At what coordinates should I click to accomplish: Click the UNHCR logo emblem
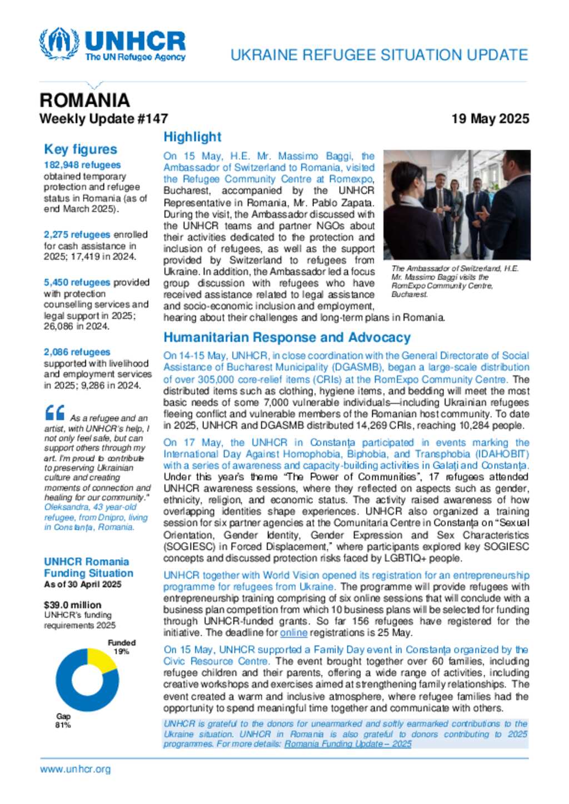59,43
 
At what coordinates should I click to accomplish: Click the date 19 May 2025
490,119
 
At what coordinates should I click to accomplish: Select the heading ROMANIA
84,100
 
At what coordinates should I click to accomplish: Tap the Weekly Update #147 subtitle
103,119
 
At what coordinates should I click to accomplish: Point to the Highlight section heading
192,137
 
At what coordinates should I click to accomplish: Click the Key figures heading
81,149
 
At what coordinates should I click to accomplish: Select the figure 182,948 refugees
82,165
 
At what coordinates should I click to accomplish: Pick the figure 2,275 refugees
77,235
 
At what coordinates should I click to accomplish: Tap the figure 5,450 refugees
77,282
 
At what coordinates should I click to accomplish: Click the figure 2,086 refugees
77,352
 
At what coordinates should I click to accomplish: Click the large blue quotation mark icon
54,413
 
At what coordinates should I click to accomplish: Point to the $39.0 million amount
72,605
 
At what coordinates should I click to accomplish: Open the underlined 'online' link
293,633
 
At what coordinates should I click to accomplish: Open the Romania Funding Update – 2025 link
348,744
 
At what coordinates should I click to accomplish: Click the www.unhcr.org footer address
75,769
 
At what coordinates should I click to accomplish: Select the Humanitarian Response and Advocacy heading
287,337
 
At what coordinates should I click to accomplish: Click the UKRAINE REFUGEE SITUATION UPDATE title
379,55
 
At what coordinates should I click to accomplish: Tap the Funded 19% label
122,647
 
